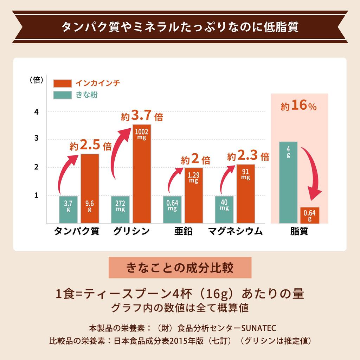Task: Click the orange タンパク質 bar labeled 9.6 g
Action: pyautogui.click(x=90, y=188)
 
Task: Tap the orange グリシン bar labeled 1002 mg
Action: pyautogui.click(x=142, y=174)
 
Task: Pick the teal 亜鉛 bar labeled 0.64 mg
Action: pyautogui.click(x=172, y=210)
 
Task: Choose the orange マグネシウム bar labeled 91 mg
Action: pyautogui.click(x=245, y=194)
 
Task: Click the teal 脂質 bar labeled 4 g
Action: pyautogui.click(x=288, y=182)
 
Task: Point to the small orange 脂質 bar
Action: pyautogui.click(x=310, y=216)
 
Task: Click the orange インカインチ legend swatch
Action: pyautogui.click(x=63, y=83)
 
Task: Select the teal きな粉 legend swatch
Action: pyautogui.click(x=63, y=95)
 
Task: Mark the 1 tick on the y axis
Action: pyautogui.click(x=36, y=195)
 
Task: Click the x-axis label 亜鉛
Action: pyautogui.click(x=183, y=232)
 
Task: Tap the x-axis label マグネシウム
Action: pyautogui.click(x=235, y=232)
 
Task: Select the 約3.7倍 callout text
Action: pyautogui.click(x=142, y=116)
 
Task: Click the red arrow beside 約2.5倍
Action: pyautogui.click(x=67, y=172)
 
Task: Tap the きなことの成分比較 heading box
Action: pyautogui.click(x=180, y=268)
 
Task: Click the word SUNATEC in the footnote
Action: pyautogui.click(x=259, y=328)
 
